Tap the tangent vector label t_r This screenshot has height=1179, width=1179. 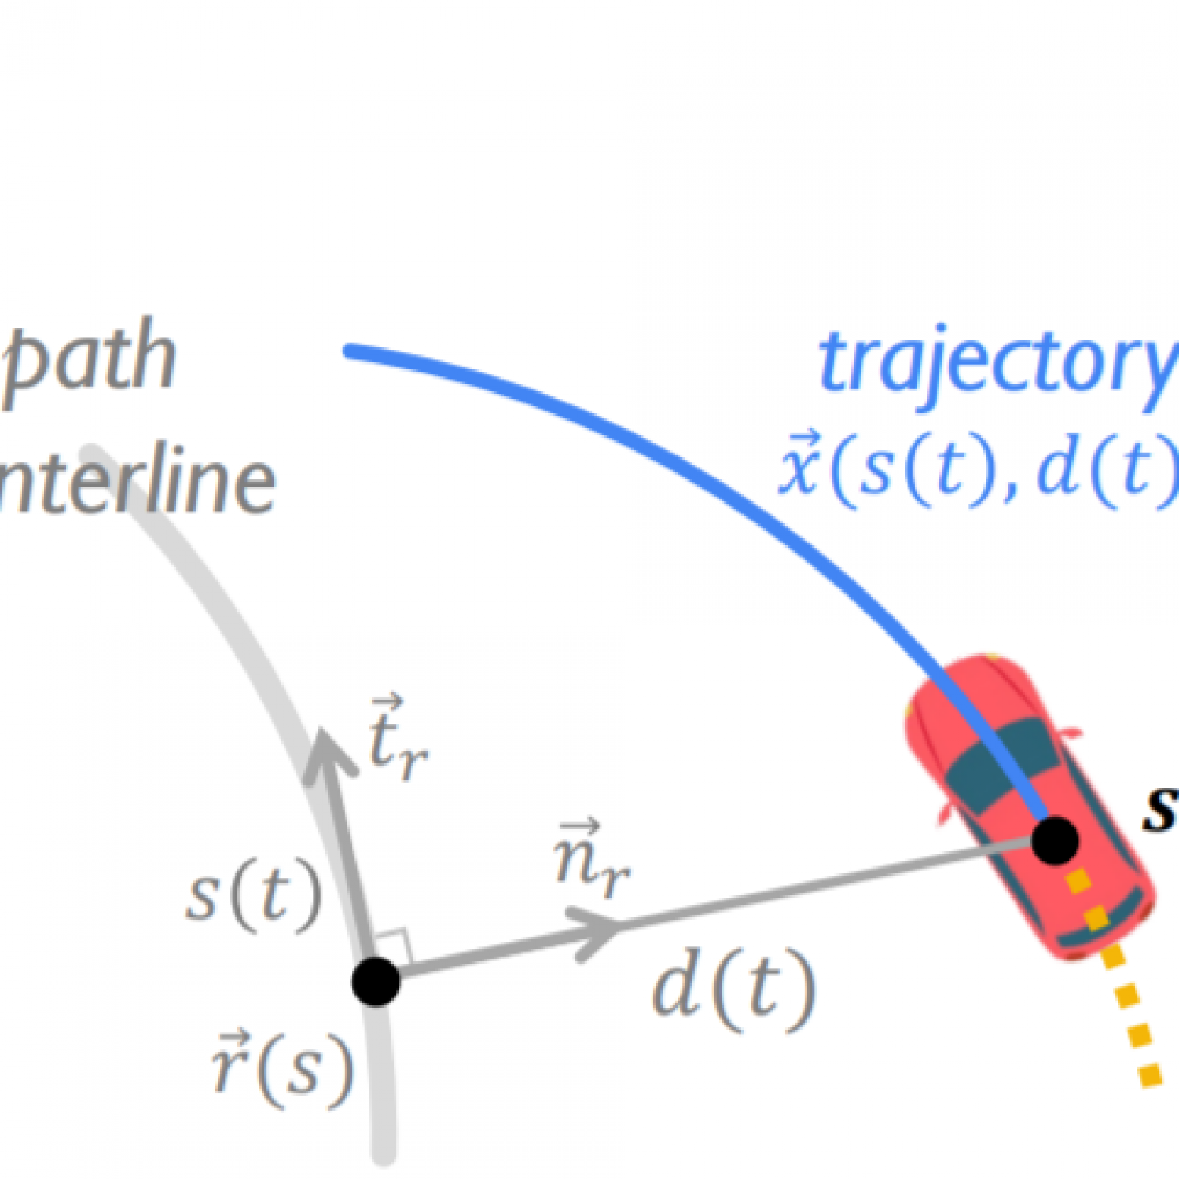(397, 739)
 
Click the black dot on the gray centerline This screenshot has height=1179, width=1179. (376, 981)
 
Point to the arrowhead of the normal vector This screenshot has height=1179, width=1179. (597, 931)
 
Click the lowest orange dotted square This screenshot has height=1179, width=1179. (1150, 1074)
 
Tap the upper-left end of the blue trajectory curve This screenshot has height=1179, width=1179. (351, 351)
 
